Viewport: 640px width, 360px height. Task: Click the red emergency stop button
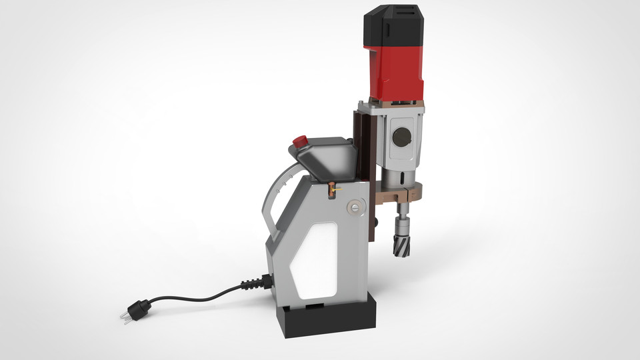(301, 141)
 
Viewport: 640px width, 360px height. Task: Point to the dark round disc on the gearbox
(402, 137)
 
